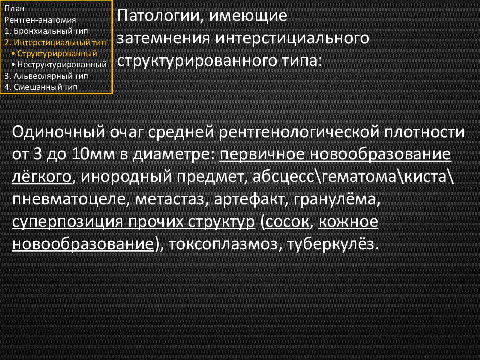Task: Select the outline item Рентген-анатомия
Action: tap(40, 20)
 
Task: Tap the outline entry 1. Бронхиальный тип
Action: tap(46, 31)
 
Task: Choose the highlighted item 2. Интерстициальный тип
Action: tap(55, 42)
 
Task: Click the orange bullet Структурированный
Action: tap(54, 54)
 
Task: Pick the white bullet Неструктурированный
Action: tap(59, 65)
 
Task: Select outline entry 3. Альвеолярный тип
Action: tap(46, 76)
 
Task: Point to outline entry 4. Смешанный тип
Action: tap(41, 87)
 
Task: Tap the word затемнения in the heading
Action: tap(164, 38)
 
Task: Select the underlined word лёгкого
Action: tap(42, 177)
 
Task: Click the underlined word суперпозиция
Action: tap(68, 222)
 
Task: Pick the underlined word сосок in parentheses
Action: tap(287, 222)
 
